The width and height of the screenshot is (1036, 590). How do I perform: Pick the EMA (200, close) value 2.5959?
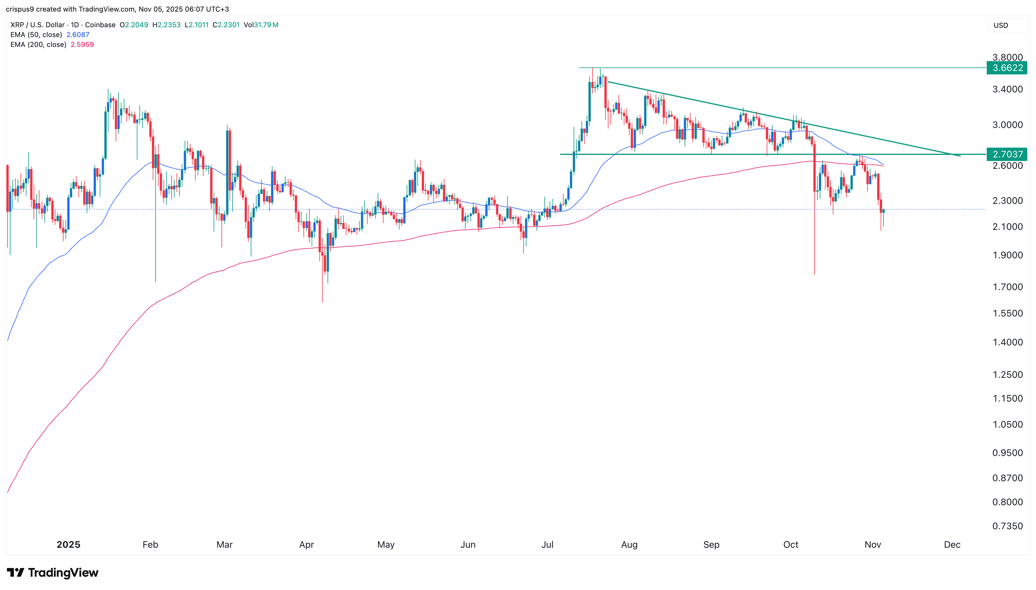[x=82, y=45]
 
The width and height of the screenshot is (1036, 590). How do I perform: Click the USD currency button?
[x=1000, y=25]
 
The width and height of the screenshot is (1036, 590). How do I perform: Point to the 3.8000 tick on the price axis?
[x=1007, y=57]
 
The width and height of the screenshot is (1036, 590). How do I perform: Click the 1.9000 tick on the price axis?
[x=1007, y=255]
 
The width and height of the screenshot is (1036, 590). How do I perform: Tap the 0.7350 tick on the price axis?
[x=1007, y=526]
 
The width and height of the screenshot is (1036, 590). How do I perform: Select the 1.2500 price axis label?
[x=1007, y=374]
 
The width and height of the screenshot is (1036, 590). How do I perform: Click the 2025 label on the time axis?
[x=68, y=544]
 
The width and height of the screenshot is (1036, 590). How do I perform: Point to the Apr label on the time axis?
[x=306, y=544]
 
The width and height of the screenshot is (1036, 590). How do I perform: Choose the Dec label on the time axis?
[x=952, y=544]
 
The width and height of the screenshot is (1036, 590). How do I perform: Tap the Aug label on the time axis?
[x=629, y=544]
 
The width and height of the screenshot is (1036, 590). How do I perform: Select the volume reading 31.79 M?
[x=266, y=25]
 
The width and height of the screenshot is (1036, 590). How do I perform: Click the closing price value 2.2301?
[x=228, y=25]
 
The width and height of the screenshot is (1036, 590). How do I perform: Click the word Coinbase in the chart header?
[x=100, y=25]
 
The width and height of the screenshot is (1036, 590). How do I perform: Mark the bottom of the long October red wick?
[x=814, y=274]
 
